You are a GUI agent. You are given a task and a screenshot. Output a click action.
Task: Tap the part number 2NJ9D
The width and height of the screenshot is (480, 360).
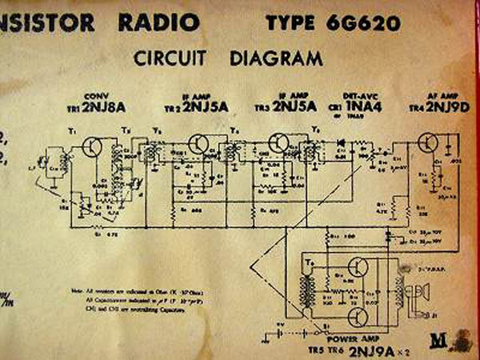443,106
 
